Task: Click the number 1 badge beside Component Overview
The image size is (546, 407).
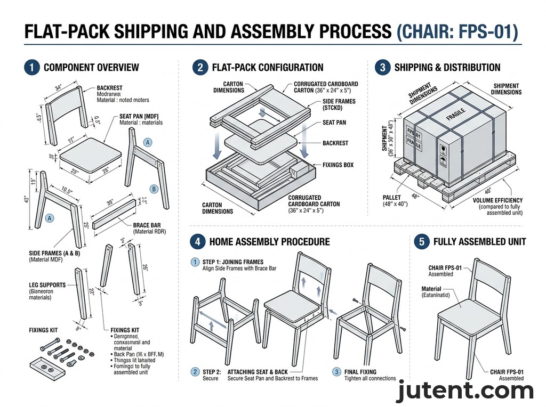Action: point(32,68)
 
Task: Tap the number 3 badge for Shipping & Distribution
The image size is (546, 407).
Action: point(382,68)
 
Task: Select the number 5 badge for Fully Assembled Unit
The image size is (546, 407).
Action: point(421,241)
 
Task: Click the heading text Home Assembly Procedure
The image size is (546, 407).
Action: point(269,241)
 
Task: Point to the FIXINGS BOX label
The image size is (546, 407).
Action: point(338,165)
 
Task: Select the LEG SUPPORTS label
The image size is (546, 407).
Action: point(47,285)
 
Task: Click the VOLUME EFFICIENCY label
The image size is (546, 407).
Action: point(498,200)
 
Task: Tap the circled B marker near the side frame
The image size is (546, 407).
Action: point(154,189)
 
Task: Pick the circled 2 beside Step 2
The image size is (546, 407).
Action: point(196,372)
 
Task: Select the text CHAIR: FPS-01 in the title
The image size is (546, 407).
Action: point(458,31)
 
